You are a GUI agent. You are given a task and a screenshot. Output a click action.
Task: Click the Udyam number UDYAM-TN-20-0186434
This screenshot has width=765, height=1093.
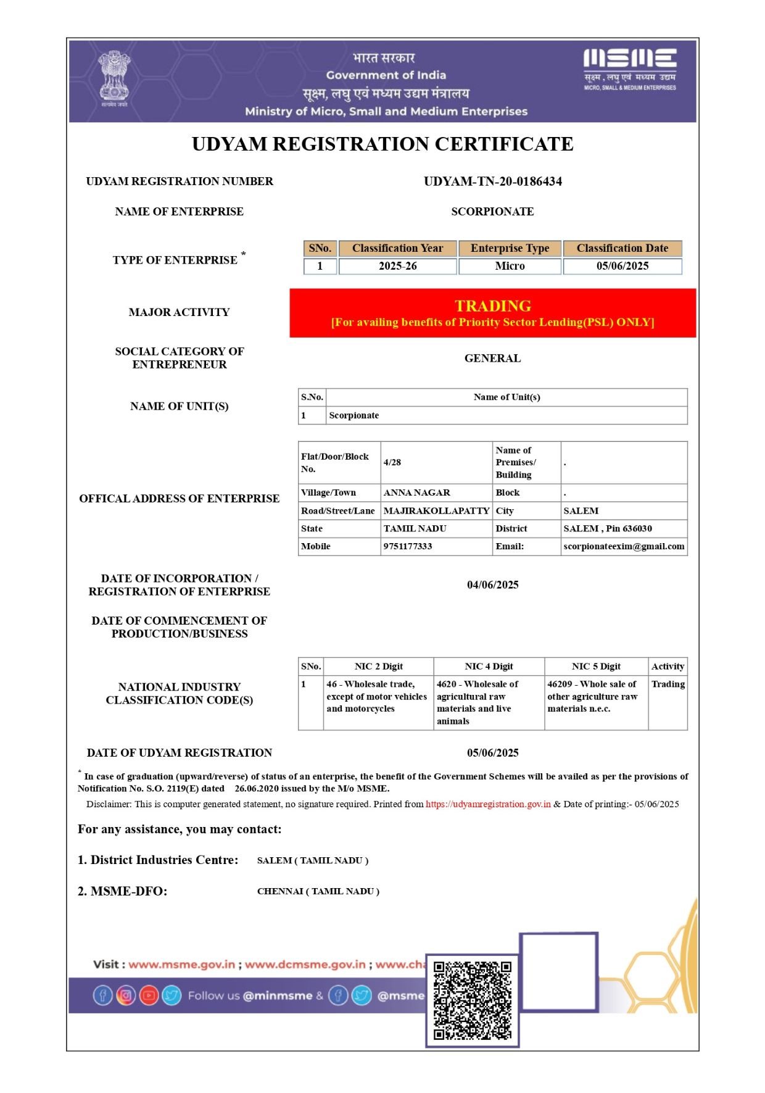[492, 181]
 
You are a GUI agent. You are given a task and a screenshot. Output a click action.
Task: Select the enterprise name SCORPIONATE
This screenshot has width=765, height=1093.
[492, 212]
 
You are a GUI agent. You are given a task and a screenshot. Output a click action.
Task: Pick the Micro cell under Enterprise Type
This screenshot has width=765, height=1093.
[510, 266]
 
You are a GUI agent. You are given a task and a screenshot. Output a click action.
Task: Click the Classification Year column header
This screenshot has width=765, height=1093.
[397, 248]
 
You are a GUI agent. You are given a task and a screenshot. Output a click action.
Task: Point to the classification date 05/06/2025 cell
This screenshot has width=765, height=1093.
[622, 266]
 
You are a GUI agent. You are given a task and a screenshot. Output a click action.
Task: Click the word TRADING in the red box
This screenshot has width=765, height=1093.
[492, 305]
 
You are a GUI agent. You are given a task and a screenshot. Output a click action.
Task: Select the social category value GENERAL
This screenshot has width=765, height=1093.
[492, 359]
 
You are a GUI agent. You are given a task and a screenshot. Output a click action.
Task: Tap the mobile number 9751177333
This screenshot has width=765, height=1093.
[408, 546]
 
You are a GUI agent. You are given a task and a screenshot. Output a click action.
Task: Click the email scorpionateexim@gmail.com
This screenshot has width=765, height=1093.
[624, 546]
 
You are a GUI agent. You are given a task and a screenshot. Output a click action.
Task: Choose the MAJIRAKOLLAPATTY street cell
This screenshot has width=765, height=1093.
[436, 511]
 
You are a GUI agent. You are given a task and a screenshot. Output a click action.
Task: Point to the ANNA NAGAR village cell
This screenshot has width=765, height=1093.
[417, 492]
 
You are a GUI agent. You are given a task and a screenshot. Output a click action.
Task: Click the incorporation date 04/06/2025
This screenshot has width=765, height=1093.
[492, 584]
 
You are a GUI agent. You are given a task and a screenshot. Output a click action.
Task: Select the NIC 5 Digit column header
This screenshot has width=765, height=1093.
[596, 667]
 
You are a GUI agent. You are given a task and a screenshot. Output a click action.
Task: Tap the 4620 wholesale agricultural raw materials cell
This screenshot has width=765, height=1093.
[488, 702]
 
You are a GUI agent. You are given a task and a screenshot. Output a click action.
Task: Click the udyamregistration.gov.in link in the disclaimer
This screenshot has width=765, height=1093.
[488, 804]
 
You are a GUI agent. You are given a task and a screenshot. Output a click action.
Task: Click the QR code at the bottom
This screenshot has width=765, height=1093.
[472, 1000]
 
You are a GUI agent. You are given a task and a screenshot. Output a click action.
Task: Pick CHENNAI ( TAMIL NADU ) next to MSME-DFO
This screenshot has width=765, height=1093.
[318, 891]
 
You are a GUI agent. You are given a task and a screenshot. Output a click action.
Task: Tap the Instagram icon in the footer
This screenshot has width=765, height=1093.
[126, 995]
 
